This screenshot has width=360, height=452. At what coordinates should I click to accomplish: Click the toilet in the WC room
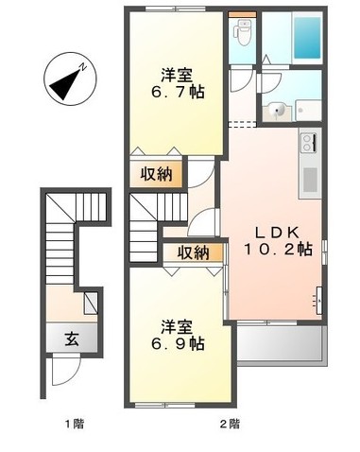(242, 32)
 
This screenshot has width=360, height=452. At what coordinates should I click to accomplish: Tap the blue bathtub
(307, 38)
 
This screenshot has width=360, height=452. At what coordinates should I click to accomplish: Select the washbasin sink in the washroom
(278, 112)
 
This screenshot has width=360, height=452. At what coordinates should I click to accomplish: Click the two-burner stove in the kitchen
(309, 143)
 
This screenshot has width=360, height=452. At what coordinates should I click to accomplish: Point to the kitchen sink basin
(310, 180)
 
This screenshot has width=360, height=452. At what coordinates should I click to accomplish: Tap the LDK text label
(277, 233)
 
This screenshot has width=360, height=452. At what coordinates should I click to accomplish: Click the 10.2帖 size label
(278, 250)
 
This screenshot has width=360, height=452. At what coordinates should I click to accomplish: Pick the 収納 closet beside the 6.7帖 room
(156, 174)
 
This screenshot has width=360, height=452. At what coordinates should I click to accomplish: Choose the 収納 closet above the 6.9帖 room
(193, 252)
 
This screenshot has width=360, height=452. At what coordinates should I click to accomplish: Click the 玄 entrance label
(72, 339)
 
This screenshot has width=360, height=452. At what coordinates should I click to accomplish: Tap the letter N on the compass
(82, 66)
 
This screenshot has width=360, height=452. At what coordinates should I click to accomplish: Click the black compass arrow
(65, 84)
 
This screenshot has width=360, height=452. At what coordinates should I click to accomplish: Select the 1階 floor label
(75, 424)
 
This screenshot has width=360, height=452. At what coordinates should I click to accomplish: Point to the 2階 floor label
(230, 424)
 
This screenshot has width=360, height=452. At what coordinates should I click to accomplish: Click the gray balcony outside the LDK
(282, 343)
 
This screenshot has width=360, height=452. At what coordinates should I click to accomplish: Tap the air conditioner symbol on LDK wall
(318, 301)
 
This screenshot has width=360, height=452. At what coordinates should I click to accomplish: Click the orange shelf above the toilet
(242, 14)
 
